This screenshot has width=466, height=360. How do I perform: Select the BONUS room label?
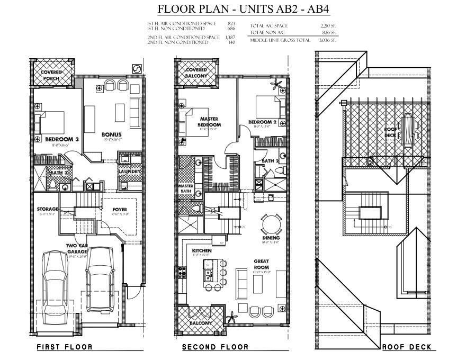112,134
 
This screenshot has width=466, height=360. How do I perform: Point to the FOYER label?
120,209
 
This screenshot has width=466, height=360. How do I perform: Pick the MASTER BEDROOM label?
210,122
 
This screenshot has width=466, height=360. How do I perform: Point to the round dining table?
271,223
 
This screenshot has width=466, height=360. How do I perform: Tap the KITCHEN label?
202,250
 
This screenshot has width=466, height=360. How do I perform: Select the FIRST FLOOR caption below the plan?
64,347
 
